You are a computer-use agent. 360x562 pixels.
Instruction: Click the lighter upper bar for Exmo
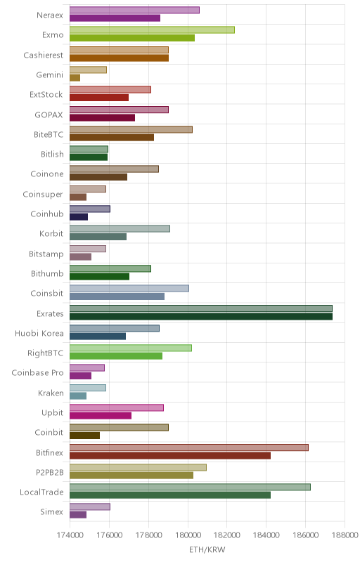coord(152,30)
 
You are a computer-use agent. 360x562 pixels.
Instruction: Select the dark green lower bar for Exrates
coord(201,317)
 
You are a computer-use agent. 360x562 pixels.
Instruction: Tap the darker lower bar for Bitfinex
coord(170,455)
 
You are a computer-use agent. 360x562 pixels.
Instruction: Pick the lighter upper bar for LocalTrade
coord(190,487)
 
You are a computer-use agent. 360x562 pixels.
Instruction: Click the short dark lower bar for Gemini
coord(75,78)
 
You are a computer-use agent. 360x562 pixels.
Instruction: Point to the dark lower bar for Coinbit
coord(84,436)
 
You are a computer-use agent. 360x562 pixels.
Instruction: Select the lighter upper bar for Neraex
coord(134,10)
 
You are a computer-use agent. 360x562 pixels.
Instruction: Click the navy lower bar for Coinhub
coord(79,217)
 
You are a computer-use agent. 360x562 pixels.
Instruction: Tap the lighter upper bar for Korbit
coord(120,229)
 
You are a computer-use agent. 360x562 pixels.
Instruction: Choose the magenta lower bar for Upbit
coord(101,416)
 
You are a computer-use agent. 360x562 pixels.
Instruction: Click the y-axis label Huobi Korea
coord(39,333)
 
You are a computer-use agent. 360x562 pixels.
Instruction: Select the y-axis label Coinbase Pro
coord(37,373)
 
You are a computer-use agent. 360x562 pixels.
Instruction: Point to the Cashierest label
coord(43,55)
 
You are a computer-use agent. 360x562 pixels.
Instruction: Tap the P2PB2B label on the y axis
coord(49,472)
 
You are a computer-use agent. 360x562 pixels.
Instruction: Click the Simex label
coord(51,512)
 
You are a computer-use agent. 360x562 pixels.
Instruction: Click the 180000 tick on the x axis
coord(188,535)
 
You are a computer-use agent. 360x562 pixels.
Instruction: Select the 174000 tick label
coord(70,535)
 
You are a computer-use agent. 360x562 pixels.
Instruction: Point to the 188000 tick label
coord(345,535)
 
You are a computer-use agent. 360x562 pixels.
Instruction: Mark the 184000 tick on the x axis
coord(266,535)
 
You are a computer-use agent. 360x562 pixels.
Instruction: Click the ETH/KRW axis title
coord(207,550)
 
